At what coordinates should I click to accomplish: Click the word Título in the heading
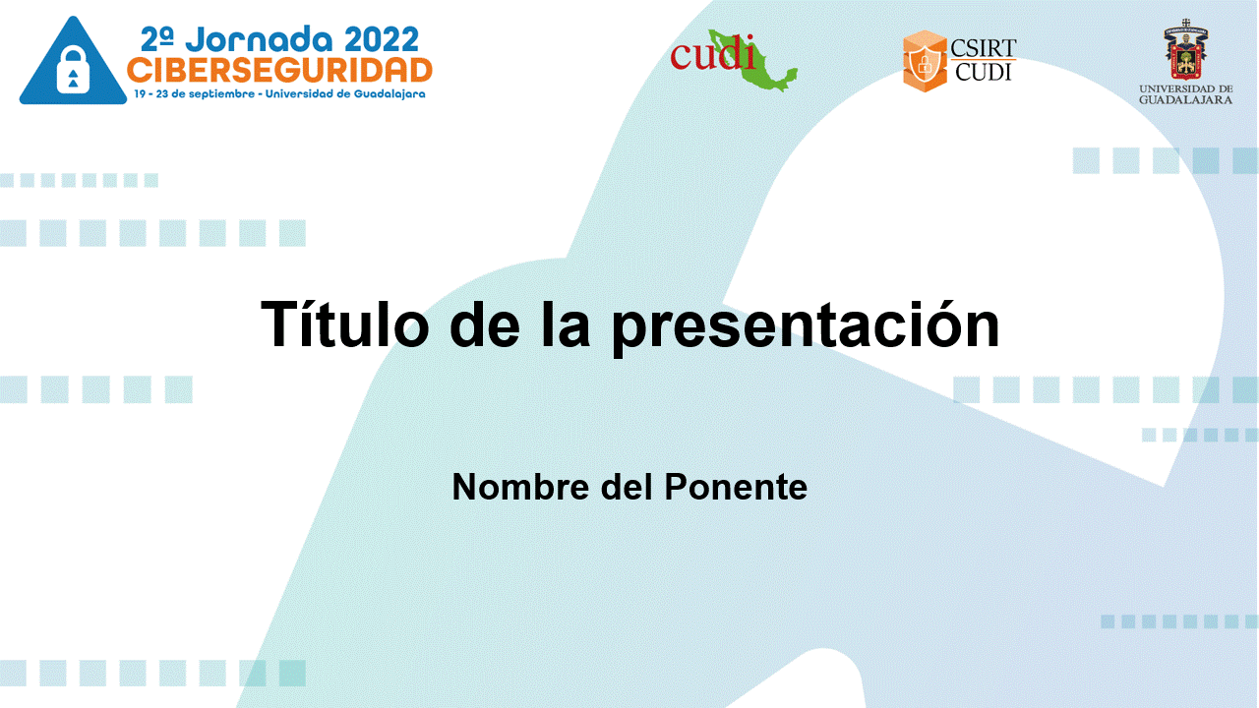(344, 324)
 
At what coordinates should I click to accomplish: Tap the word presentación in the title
(806, 327)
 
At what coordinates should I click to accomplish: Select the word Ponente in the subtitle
(736, 487)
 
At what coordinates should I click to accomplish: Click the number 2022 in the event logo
(381, 40)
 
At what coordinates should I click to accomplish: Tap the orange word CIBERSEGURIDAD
(279, 70)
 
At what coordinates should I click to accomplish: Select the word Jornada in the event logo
(259, 40)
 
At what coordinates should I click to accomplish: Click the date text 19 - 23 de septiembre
(194, 93)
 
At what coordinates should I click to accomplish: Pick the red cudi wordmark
(712, 54)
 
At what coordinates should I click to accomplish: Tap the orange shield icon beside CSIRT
(925, 61)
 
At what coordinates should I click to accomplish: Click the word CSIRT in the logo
(983, 48)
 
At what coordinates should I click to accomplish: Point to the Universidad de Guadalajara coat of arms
(1186, 49)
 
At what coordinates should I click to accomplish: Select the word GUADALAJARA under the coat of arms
(1186, 100)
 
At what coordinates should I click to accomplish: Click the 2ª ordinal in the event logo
(156, 40)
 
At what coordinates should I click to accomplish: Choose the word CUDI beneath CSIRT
(983, 72)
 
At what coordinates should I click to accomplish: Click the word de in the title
(485, 324)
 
